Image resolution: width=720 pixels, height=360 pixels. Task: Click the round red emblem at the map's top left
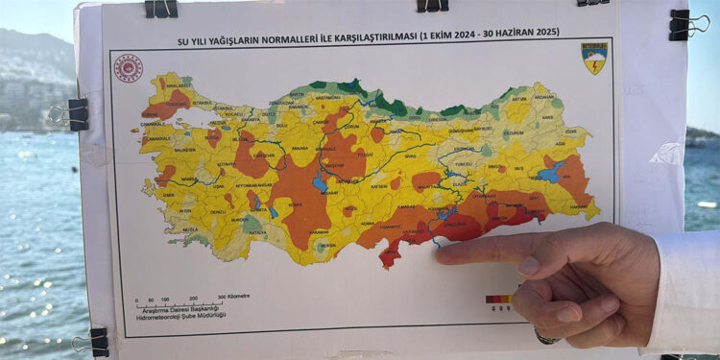129,67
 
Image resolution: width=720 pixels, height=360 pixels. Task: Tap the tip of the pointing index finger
439,254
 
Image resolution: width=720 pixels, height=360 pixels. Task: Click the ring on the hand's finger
547,337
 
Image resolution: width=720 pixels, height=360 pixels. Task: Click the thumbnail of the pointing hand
529,266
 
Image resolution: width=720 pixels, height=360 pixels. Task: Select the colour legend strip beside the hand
499,299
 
